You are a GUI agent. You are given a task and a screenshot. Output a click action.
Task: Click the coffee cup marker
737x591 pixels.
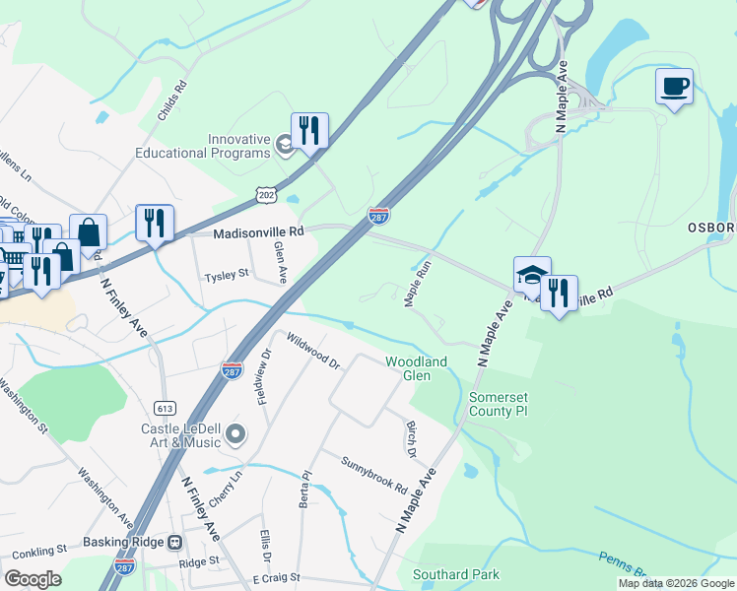pos(674,87)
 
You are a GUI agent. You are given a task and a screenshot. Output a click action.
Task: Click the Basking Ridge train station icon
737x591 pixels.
pos(174,542)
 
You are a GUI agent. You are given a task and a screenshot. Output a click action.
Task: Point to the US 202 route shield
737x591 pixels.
pos(266,195)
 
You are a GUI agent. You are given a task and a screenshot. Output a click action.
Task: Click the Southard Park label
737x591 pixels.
pos(456,574)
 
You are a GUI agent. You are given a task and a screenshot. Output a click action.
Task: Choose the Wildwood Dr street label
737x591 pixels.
pos(313,351)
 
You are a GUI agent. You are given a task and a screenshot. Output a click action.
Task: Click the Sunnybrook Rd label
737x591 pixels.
pos(374,475)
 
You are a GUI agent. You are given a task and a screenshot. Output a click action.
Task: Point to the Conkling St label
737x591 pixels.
pos(33,549)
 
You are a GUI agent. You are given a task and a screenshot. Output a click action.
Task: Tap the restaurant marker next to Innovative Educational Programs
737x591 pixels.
pos(309,131)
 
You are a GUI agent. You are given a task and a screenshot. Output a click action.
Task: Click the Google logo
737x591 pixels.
pos(33,579)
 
